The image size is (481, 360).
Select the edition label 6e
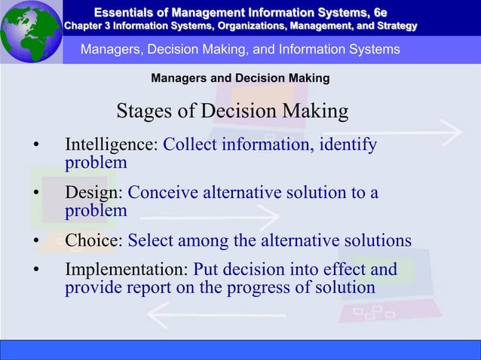click(376, 11)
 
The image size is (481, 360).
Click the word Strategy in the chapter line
click(394, 26)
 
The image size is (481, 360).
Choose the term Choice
click(93, 240)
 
